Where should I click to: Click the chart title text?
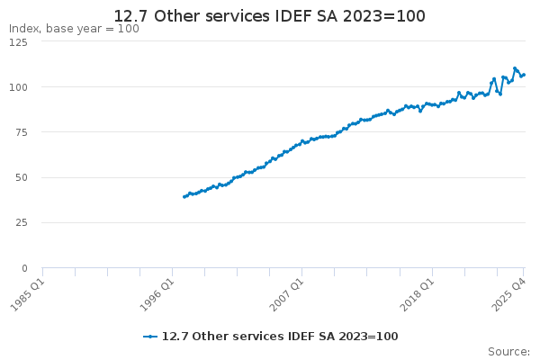pyautogui.click(x=269, y=16)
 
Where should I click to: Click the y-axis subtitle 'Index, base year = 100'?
pyautogui.click(x=74, y=29)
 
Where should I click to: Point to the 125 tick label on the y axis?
pyautogui.click(x=18, y=42)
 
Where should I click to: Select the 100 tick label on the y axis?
pyautogui.click(x=18, y=87)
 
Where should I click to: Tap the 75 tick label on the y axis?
pyautogui.click(x=22, y=132)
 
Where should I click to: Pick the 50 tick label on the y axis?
pyautogui.click(x=22, y=178)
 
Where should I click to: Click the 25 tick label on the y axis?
pyautogui.click(x=22, y=223)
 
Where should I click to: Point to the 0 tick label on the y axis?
pyautogui.click(x=24, y=268)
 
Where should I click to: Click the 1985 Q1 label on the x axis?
pyautogui.click(x=28, y=295)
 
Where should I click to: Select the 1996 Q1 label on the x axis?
pyautogui.click(x=157, y=295)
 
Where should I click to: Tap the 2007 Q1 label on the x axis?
pyautogui.click(x=287, y=295)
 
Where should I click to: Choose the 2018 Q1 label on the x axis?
pyautogui.click(x=417, y=295)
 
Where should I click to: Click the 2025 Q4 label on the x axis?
pyautogui.click(x=509, y=295)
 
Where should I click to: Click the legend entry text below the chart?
pyautogui.click(x=280, y=337)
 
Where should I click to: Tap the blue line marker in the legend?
pyautogui.click(x=150, y=337)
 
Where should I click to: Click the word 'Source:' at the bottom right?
pyautogui.click(x=508, y=352)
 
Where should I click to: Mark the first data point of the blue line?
pyautogui.click(x=184, y=197)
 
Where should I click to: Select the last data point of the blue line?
pyautogui.click(x=524, y=75)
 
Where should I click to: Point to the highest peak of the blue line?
pyautogui.click(x=515, y=68)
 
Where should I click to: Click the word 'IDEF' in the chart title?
pyautogui.click(x=293, y=16)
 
